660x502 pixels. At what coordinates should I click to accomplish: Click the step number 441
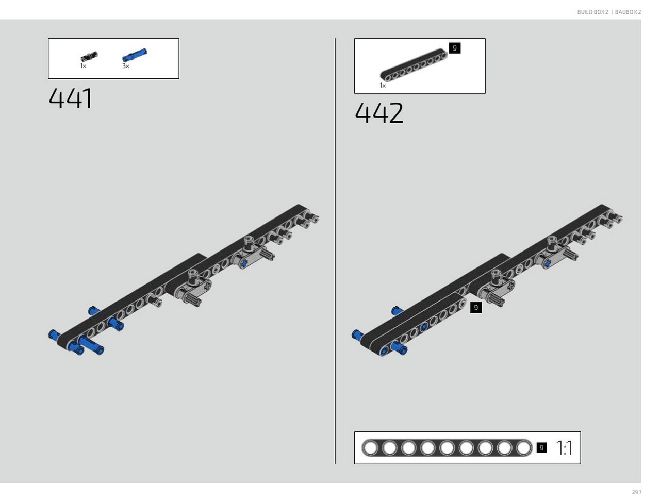coord(70,98)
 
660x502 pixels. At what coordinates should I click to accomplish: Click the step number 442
coord(378,113)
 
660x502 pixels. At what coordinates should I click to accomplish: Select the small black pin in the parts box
coord(89,57)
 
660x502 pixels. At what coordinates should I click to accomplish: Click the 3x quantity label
coord(126,66)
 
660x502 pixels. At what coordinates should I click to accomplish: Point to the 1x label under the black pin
coord(83,66)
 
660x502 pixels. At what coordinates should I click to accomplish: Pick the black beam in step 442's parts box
coord(414,65)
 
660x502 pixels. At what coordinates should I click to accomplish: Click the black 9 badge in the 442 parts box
coord(455,48)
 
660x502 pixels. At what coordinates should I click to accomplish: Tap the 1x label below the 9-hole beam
coord(383,86)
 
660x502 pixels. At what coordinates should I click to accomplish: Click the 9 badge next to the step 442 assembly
coord(476,307)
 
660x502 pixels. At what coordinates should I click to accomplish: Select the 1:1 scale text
coord(565,448)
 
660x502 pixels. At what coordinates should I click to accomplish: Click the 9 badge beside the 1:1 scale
coord(541,448)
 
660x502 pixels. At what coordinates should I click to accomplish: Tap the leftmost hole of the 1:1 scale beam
coord(371,448)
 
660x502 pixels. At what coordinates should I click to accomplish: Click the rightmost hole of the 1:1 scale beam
coord(523,448)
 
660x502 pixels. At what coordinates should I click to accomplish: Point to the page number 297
coord(637,492)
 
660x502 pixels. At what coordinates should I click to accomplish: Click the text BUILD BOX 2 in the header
coord(592,12)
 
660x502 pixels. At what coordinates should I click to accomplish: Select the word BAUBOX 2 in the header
coord(628,12)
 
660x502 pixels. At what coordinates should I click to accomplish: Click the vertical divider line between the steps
coord(335,251)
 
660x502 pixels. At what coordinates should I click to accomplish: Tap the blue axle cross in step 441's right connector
coord(245,263)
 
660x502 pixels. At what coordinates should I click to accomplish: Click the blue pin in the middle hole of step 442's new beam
coord(424,327)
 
